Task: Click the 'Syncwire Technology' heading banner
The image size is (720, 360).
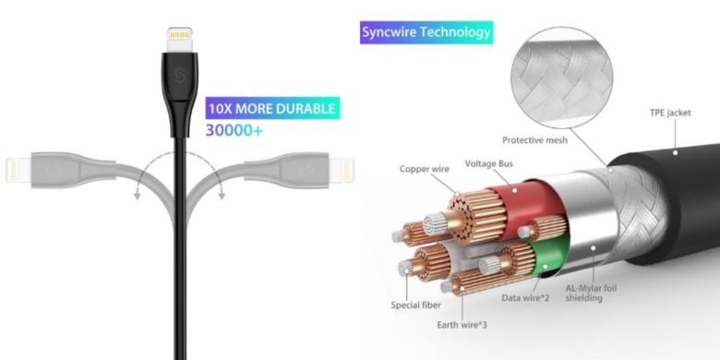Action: pos(426,33)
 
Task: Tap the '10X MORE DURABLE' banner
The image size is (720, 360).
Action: pos(271,109)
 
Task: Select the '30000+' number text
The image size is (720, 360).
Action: pos(234,132)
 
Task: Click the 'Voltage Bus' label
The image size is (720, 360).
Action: pos(491,163)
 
